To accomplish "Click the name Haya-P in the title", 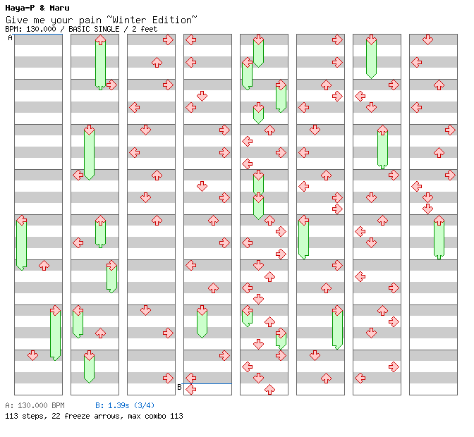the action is [20, 8].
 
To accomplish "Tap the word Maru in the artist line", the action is [59, 8].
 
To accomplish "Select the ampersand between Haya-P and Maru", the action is [42, 8].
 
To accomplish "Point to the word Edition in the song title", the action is [171, 20].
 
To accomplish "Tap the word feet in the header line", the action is [149, 29].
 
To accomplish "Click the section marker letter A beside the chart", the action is [10, 38].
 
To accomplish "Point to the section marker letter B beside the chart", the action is [179, 387].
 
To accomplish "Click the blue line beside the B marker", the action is [207, 383].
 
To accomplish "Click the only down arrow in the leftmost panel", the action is [32, 355].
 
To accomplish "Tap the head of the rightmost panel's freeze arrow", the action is [439, 220].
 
